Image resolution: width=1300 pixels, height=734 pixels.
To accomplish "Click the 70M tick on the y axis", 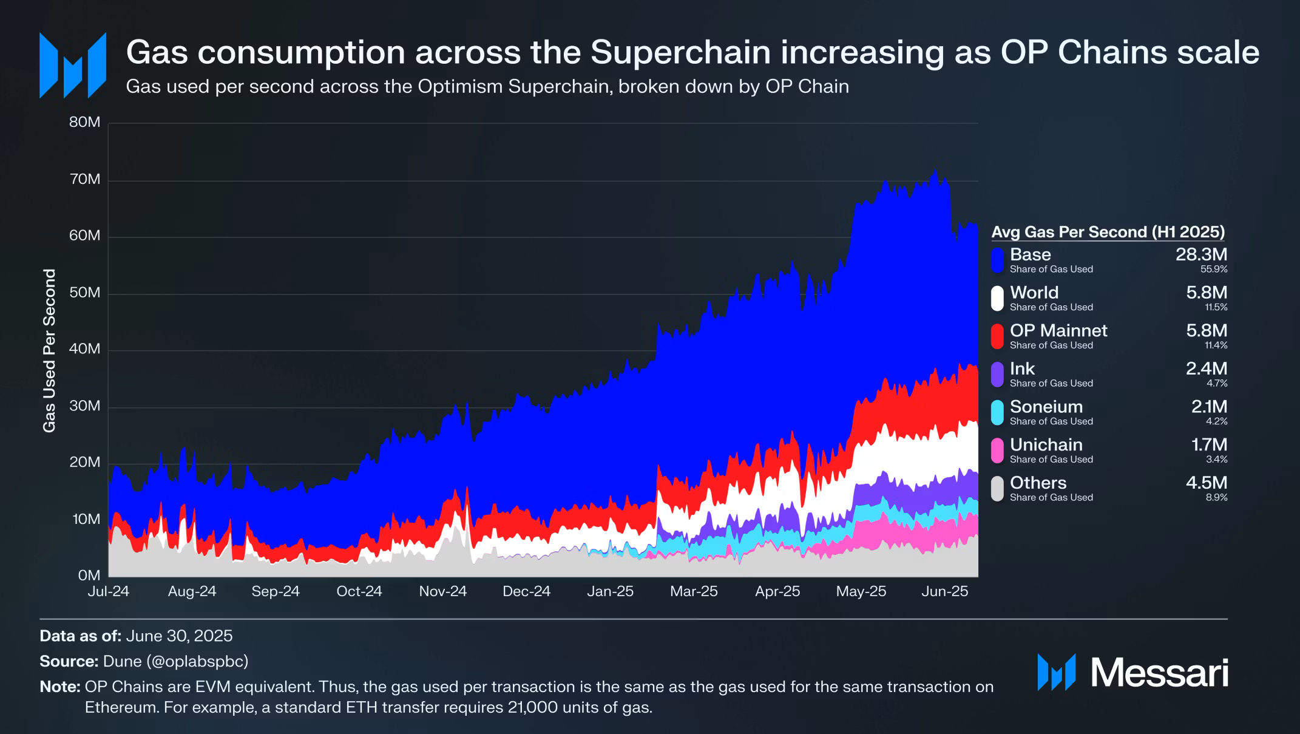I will (x=84, y=179).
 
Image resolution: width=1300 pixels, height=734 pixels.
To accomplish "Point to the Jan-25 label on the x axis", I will (x=610, y=591).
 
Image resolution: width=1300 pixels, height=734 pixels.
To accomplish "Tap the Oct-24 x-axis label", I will (x=359, y=591).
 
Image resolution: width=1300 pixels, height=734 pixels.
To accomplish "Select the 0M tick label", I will (x=89, y=575).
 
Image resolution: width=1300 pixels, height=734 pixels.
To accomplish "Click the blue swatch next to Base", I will (x=997, y=260).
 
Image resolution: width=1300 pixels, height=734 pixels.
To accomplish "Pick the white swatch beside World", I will (x=997, y=298).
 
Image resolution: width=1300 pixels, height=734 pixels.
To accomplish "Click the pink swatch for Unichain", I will (x=997, y=450).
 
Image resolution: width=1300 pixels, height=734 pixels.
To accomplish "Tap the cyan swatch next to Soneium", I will (x=997, y=412).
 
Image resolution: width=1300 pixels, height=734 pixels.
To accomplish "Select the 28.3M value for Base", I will (x=1201, y=254).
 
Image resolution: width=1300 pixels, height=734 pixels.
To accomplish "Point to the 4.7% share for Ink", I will (x=1216, y=384).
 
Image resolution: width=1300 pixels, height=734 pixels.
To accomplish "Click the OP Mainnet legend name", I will (x=1058, y=330).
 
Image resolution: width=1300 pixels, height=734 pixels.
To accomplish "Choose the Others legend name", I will (x=1038, y=483).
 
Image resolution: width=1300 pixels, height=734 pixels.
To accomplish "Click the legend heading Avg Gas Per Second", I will (x=1108, y=232).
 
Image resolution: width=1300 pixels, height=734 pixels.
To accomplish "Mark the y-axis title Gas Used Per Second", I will (x=49, y=350).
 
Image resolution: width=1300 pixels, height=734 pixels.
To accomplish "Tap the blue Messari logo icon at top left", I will (x=73, y=66).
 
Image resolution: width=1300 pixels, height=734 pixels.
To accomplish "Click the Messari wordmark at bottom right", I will (x=1159, y=673).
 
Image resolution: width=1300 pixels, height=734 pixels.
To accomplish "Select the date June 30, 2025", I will (x=179, y=636).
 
